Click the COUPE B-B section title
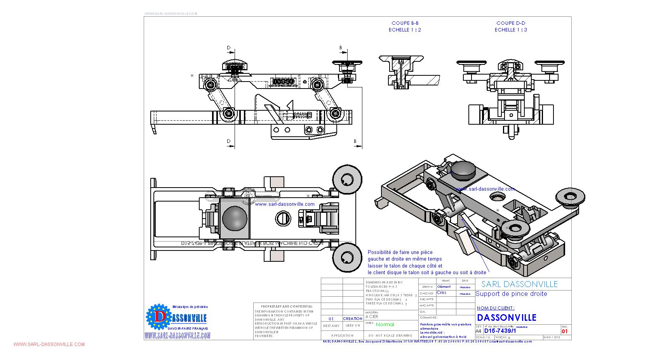coord(405,23)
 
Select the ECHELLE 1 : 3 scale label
coord(511,30)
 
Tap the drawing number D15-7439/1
coord(500,331)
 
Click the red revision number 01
coord(565,331)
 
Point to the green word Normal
coord(385,325)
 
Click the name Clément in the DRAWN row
coord(444,287)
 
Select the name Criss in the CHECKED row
coord(442,293)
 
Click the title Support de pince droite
coord(511,294)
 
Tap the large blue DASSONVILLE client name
coord(506,318)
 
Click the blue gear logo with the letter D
coord(158,317)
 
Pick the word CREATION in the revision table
coord(353,319)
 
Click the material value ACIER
coord(372,317)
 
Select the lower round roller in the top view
coord(347,257)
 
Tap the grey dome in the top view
coord(235,218)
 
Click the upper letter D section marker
coord(229,48)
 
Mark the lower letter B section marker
coord(355,141)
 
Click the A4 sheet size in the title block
coord(479,331)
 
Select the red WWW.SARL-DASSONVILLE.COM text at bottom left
coord(49,344)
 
